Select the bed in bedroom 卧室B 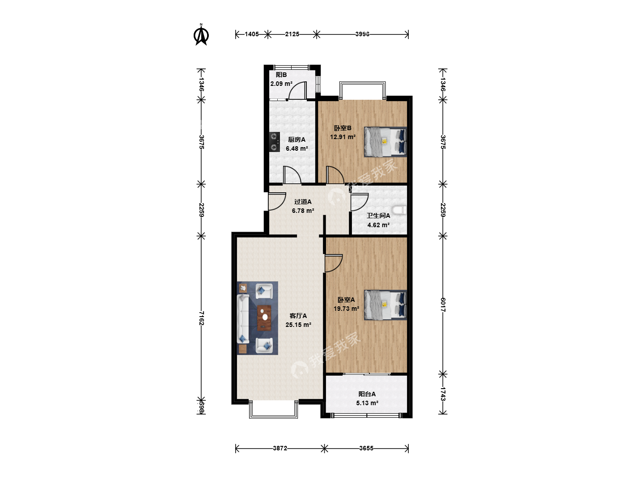coord(385,142)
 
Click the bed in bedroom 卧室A coord(385,305)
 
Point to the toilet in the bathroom coord(399,210)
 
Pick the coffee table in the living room coord(264,318)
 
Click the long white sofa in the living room coord(243,319)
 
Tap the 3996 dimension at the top coord(362,34)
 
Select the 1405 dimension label coord(252,34)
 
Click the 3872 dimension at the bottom coord(280,449)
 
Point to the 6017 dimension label coord(443,305)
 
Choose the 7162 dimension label coord(201,318)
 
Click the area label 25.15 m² coord(298,325)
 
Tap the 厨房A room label coord(297,140)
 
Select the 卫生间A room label coord(378,216)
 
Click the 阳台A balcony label coord(367,394)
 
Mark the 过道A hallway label coord(303,202)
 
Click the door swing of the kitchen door coord(292,175)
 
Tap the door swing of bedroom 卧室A coord(334,263)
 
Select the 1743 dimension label coord(443,394)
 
